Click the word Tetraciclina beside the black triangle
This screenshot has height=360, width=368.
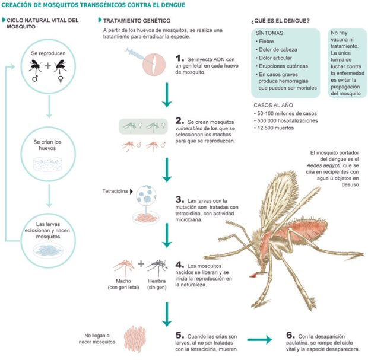(x=115, y=192)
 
